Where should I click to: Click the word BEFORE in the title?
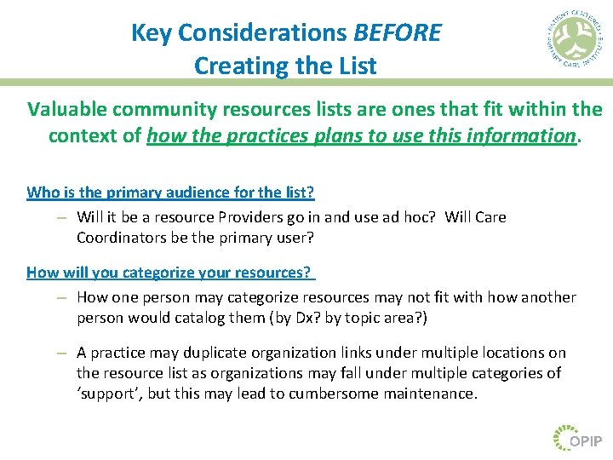[398, 33]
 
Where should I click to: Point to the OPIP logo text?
[586, 440]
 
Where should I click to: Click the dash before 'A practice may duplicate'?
[61, 353]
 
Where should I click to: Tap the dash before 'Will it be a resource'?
[61, 217]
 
